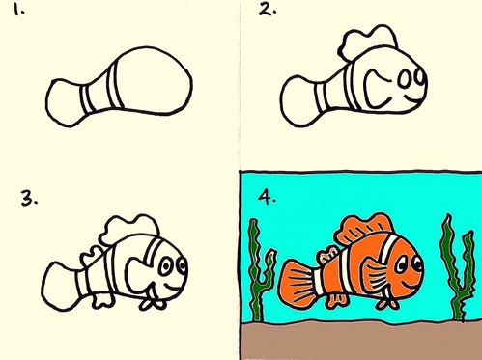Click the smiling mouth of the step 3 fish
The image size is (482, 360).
pos(170,287)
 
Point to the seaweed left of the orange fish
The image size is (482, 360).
pos(256,265)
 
